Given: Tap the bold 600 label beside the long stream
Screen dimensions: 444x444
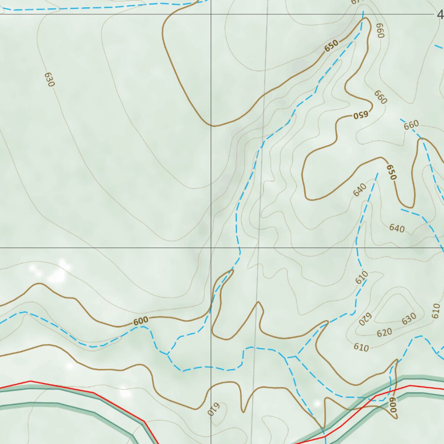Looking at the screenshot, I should tap(140, 321).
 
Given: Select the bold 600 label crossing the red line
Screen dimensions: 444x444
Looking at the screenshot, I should tap(392, 405).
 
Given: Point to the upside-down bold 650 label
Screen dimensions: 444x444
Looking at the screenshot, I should tap(360, 115).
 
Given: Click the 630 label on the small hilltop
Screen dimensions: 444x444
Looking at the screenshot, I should tap(409, 319).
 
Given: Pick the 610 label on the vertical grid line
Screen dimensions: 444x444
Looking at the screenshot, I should tap(214, 409).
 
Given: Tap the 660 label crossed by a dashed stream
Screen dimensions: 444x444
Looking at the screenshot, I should tap(411, 125).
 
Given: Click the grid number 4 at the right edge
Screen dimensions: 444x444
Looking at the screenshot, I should tap(440, 15).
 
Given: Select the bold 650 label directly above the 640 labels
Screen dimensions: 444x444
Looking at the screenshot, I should tap(392, 172).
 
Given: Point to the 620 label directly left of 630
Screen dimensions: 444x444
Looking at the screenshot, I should tap(384, 333).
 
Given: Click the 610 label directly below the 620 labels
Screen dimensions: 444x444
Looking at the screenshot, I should tap(361, 347).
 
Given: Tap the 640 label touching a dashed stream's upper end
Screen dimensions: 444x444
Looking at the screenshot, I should tap(360, 190).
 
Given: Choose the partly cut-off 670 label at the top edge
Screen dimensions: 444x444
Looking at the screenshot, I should tap(356, 2).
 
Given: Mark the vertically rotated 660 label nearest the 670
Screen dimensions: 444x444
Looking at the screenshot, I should tap(380, 30).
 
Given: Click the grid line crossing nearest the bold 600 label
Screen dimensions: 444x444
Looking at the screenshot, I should tap(211, 248).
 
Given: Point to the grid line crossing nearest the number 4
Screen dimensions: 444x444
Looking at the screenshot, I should tap(211, 14).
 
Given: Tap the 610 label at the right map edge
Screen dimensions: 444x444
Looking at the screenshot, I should tap(437, 310).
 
